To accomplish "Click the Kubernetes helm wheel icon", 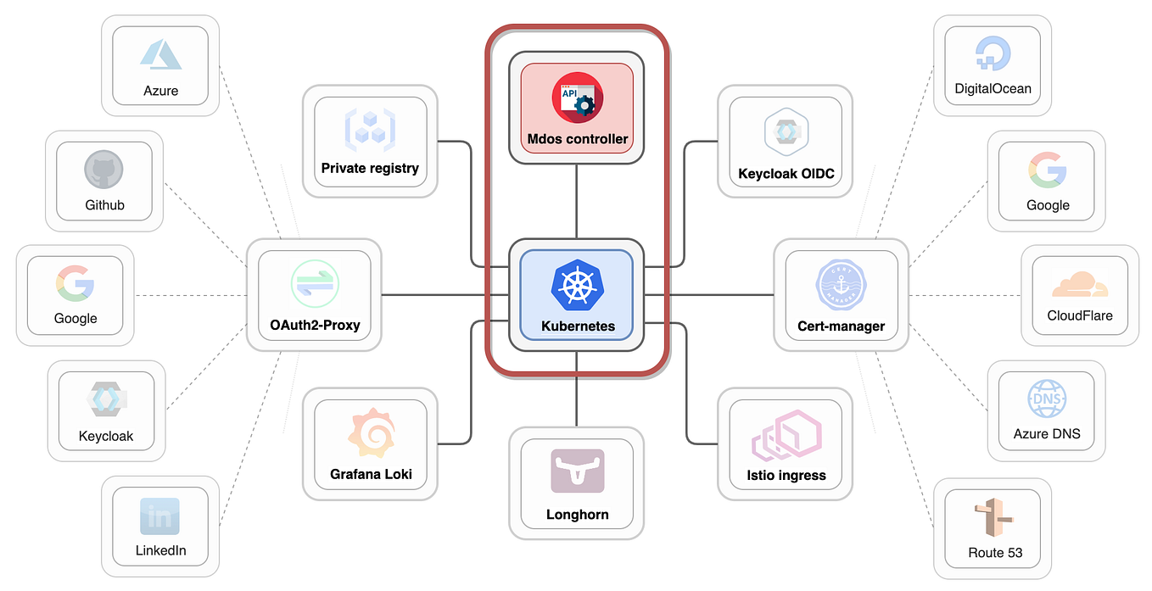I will (x=576, y=286).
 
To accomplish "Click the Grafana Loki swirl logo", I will (x=371, y=433).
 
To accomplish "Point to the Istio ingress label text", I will (x=785, y=475).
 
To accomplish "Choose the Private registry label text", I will (x=370, y=168).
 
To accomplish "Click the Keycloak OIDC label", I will (x=786, y=174).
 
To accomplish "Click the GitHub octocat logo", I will (x=104, y=170).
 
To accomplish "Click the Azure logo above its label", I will (x=160, y=54).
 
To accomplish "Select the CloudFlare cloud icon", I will (x=1079, y=283).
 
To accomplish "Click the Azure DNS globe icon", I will (x=1047, y=398).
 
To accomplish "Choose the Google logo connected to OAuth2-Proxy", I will (x=75, y=283).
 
